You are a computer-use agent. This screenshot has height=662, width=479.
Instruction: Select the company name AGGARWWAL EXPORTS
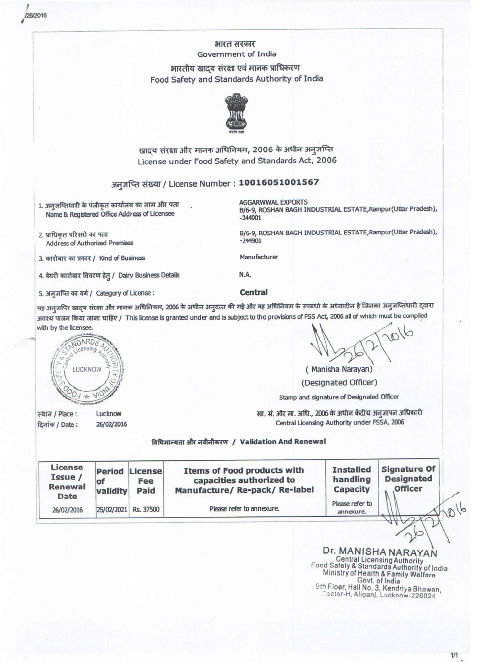click(273, 202)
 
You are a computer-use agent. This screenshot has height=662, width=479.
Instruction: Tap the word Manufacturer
click(259, 257)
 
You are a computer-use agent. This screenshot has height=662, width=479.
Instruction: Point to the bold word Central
click(253, 292)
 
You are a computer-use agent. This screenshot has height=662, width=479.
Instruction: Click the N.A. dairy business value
click(245, 275)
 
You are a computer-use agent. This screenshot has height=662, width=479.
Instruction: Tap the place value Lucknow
click(109, 413)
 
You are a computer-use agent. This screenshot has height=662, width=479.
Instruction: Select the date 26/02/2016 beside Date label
click(112, 424)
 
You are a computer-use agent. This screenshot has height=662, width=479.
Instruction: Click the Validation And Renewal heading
click(239, 442)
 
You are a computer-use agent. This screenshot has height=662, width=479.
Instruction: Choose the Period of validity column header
click(111, 480)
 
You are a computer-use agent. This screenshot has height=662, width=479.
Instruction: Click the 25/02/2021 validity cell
click(112, 509)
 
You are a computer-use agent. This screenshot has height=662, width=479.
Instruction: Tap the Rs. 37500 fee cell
click(146, 509)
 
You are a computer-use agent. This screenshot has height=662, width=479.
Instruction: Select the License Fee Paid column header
click(146, 480)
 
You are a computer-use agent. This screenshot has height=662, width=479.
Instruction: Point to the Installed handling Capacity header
click(351, 479)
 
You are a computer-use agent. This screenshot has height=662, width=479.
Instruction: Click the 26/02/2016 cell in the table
click(67, 510)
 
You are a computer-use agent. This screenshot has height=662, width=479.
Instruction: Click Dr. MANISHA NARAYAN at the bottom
click(380, 552)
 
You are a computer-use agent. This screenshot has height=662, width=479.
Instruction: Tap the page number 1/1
click(454, 654)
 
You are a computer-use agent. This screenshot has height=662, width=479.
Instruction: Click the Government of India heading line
click(237, 54)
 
